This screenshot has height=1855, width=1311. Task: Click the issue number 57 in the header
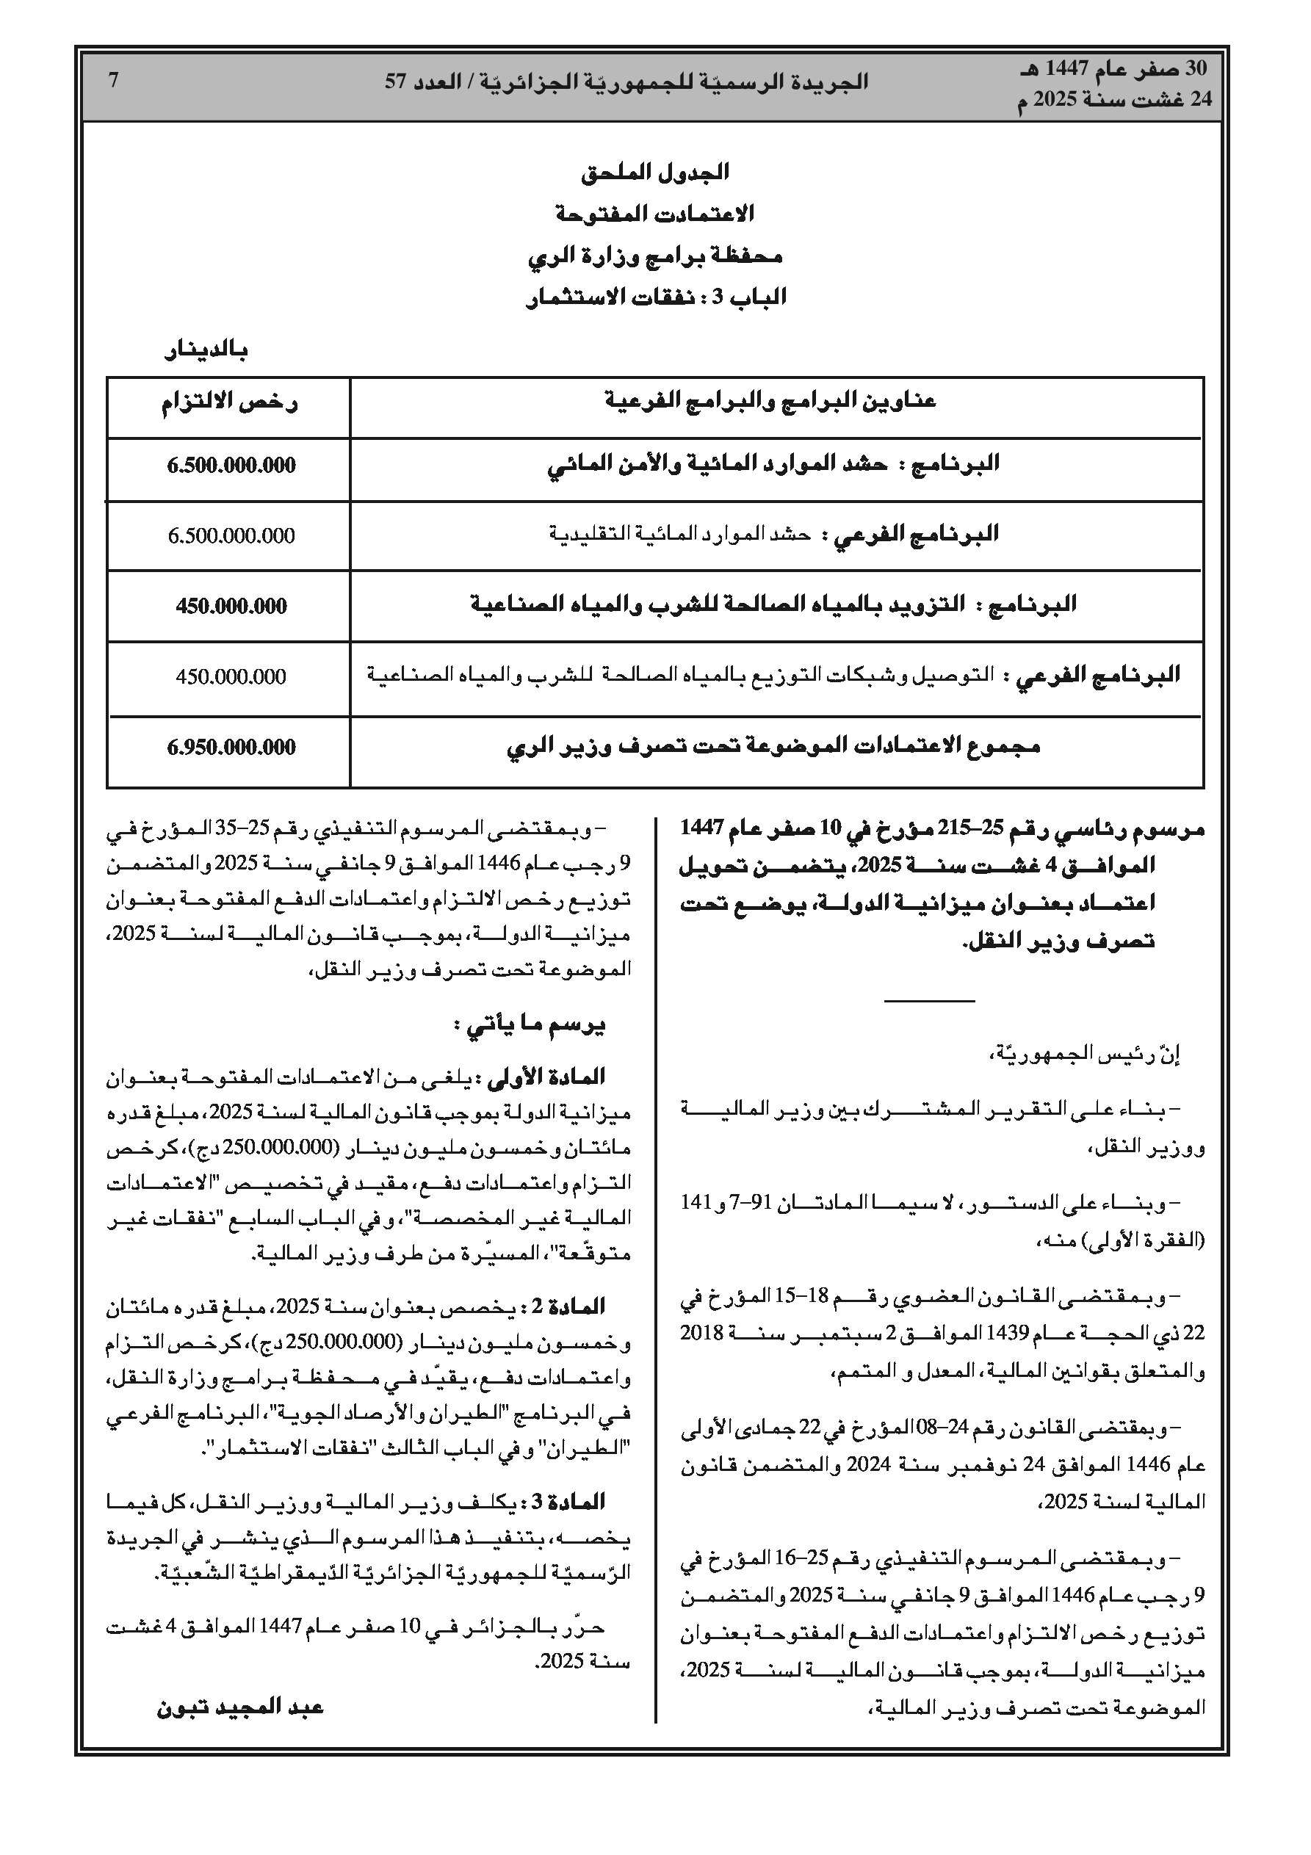pos(394,82)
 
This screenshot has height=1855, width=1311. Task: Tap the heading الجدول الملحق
pos(654,172)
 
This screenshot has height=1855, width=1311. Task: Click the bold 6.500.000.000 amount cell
pos(231,466)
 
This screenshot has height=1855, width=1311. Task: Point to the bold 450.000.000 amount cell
pos(231,606)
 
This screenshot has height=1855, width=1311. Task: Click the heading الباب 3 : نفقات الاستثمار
pos(654,297)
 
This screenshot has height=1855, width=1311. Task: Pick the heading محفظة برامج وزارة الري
pos(654,256)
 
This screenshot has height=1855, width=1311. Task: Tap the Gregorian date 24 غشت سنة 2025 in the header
pos(1116,99)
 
